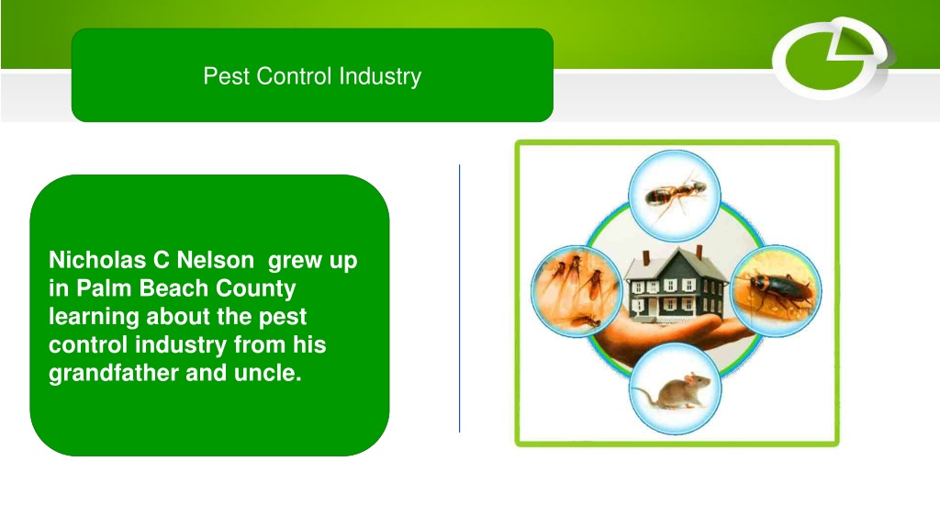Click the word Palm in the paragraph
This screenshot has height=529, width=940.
pyautogui.click(x=103, y=288)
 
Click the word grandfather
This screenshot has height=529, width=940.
pyautogui.click(x=114, y=373)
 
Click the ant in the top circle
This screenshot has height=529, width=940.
pyautogui.click(x=675, y=195)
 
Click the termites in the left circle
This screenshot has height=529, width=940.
pyautogui.click(x=576, y=291)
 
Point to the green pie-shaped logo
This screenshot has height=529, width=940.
pyautogui.click(x=830, y=58)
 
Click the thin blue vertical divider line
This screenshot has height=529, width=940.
pyautogui.click(x=460, y=298)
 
